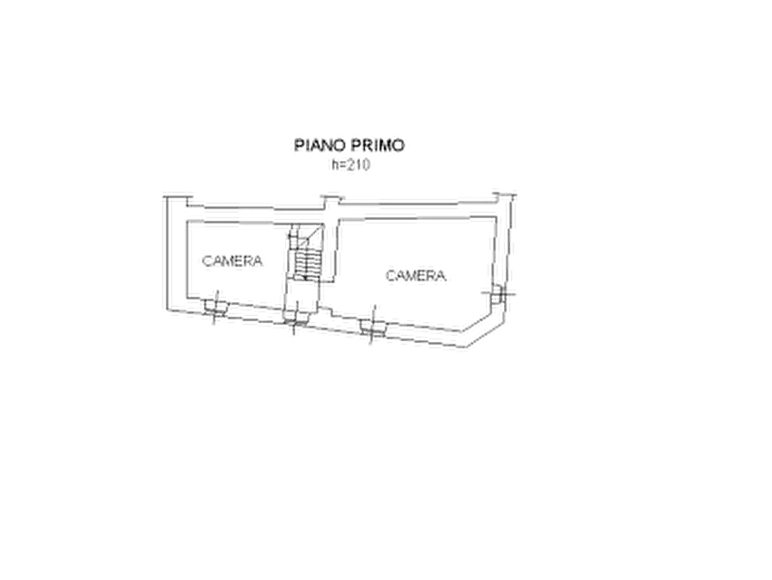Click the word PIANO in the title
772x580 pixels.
coord(320,145)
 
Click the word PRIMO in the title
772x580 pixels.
coord(378,145)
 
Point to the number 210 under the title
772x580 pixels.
coord(357,164)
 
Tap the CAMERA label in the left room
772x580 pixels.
coord(233,261)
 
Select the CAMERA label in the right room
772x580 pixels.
coord(416,275)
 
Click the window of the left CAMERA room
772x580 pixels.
coord(215,308)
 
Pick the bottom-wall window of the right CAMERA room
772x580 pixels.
coord(373,327)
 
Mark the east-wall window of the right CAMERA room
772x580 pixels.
coord(498,296)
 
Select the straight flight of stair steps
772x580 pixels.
coord(306,265)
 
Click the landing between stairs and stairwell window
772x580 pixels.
coord(303,295)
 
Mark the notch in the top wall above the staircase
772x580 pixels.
coord(331,199)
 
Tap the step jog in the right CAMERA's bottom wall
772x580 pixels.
coord(326,313)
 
